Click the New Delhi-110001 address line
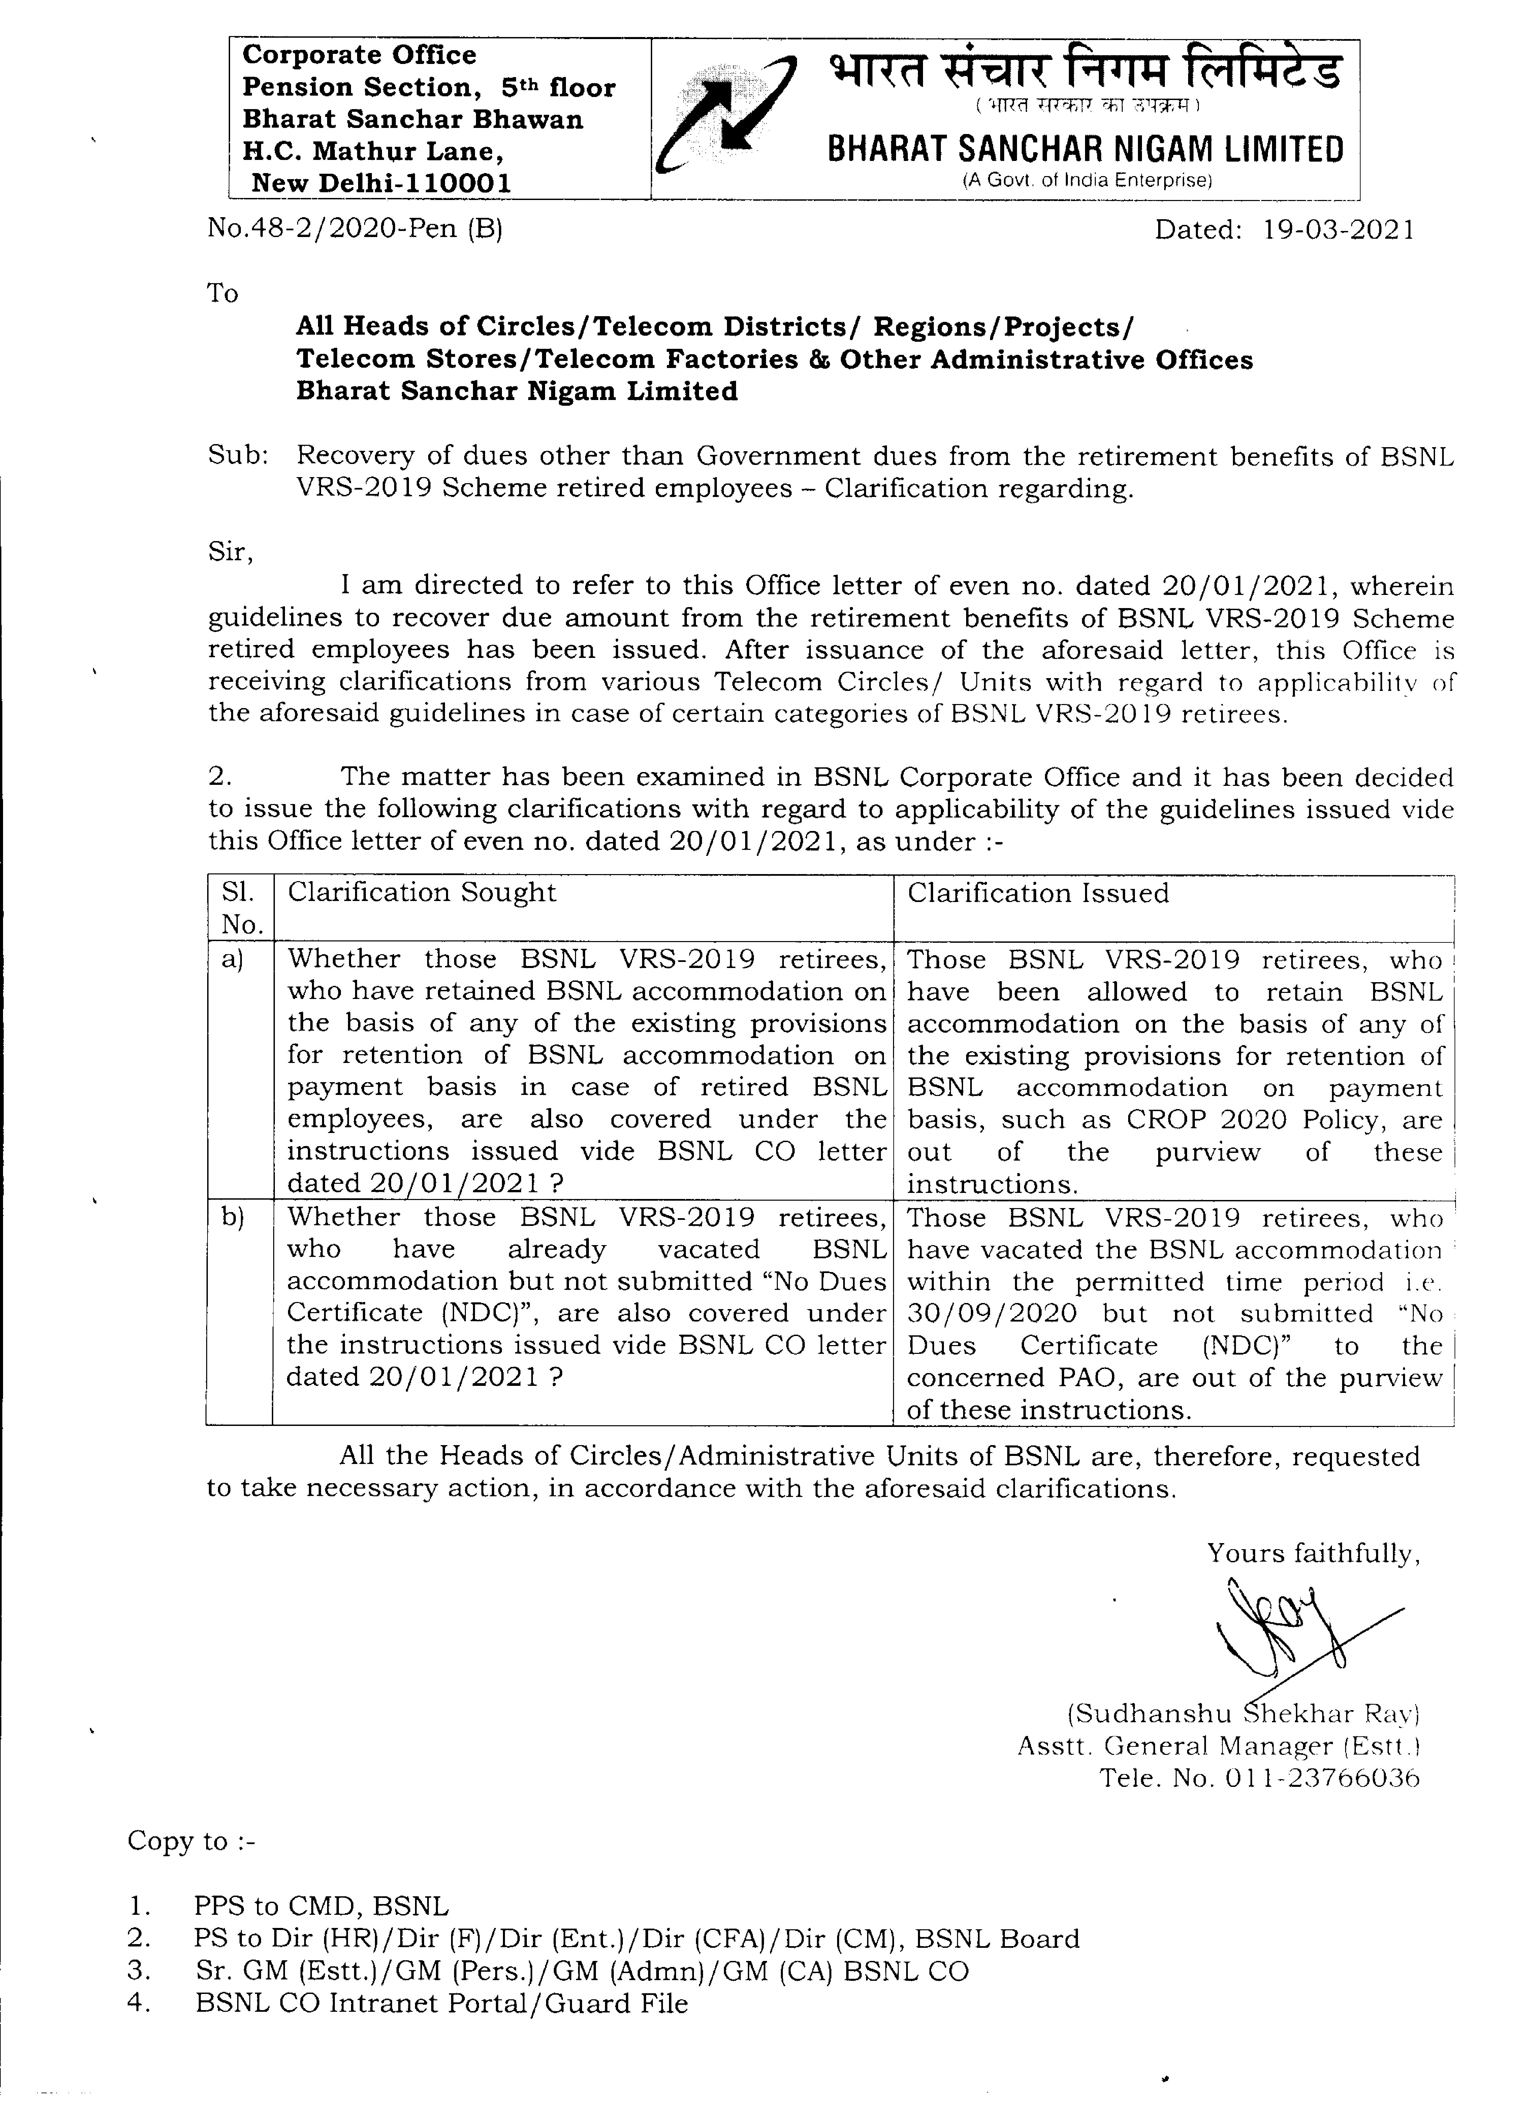coord(381,182)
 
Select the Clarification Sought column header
coord(422,892)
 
